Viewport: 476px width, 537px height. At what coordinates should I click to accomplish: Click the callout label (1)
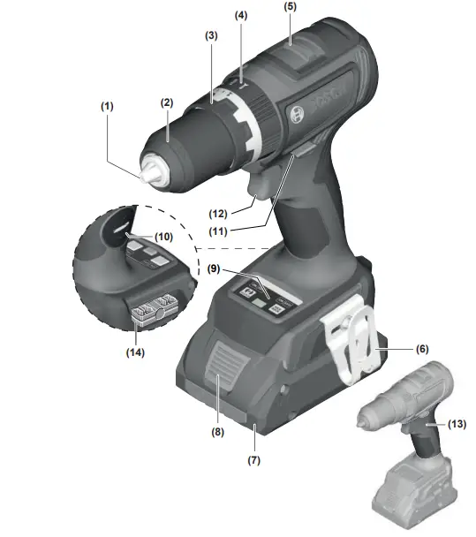point(107,105)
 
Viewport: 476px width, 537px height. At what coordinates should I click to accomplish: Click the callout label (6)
point(421,348)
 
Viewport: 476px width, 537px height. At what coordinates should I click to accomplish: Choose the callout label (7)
point(254,460)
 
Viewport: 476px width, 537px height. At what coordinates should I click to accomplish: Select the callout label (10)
point(164,238)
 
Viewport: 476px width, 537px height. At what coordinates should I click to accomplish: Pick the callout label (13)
point(457,425)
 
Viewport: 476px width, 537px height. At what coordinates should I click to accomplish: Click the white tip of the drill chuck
point(154,170)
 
